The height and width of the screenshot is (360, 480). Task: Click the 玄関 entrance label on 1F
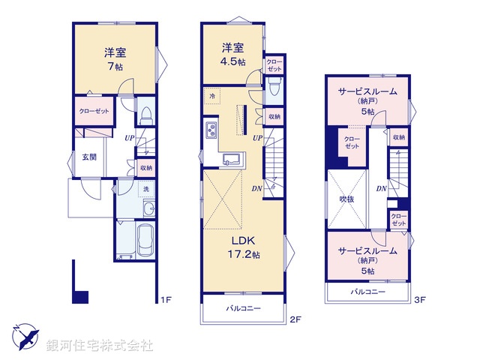(x=89, y=157)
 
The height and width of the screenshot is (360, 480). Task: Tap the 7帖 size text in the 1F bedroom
(x=115, y=67)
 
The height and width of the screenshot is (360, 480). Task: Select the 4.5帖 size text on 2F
(x=232, y=61)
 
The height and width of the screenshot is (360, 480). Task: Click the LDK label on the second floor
(x=243, y=241)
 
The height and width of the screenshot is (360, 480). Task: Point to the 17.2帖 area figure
(x=244, y=254)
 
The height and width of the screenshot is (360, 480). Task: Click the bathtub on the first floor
(x=145, y=240)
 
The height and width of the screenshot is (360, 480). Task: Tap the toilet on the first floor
(x=146, y=115)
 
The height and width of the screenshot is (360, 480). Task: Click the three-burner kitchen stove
(x=211, y=129)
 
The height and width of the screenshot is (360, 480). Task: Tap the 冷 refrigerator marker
(x=212, y=96)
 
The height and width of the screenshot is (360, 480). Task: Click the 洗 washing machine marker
(x=146, y=189)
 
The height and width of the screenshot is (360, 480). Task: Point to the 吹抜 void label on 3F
(x=346, y=199)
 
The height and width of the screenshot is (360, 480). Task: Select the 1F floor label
(x=166, y=300)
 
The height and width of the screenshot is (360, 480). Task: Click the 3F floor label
(x=420, y=300)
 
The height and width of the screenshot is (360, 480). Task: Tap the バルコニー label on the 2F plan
(x=243, y=308)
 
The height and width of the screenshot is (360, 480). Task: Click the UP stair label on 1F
(x=130, y=138)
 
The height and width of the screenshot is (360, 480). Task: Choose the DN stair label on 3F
(x=382, y=189)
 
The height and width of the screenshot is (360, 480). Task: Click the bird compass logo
(x=25, y=337)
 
